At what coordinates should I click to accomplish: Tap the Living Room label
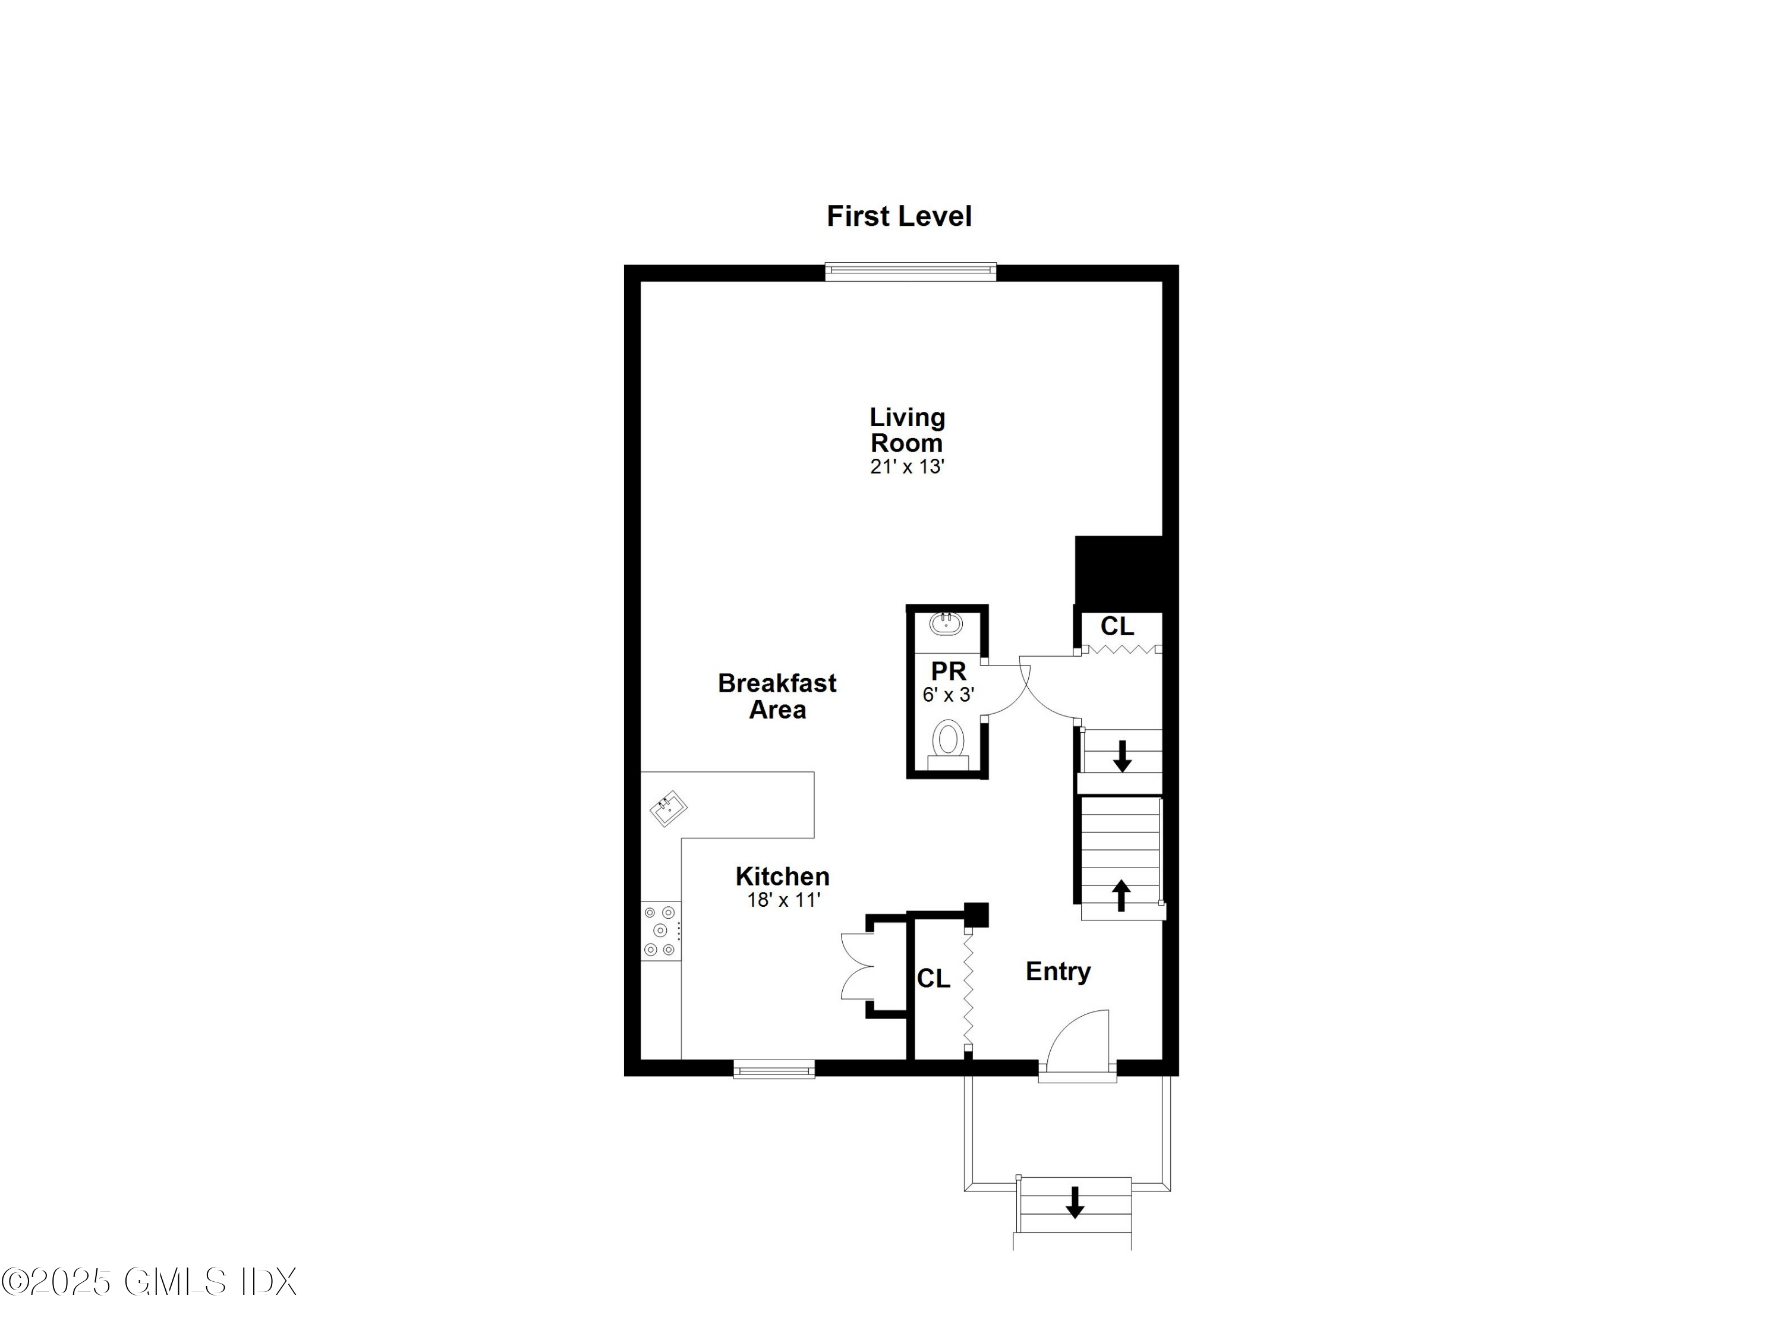click(907, 430)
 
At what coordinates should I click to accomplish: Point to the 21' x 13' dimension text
click(907, 466)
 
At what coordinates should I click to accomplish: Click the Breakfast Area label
click(777, 696)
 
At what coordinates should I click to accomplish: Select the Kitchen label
click(782, 877)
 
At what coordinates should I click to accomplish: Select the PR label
click(948, 671)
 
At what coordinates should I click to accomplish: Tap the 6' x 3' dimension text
click(948, 694)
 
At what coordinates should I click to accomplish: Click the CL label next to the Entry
click(934, 979)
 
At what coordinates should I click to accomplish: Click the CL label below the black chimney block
click(1117, 626)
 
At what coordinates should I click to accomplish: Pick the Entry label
click(1057, 972)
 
